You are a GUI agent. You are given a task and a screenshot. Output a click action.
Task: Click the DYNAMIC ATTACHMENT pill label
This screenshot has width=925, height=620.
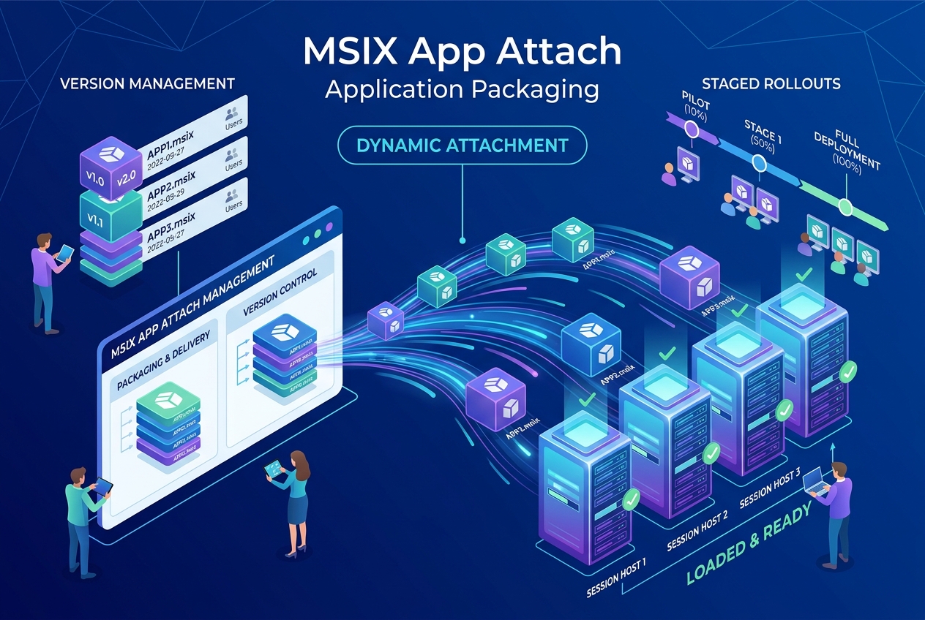coord(462,145)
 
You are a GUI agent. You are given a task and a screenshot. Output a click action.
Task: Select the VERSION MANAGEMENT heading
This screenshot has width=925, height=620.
coord(147,83)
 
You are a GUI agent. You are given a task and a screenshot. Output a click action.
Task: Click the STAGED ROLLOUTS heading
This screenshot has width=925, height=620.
coord(771,83)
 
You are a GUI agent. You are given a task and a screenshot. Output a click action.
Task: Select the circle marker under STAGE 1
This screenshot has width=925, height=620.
coord(760,165)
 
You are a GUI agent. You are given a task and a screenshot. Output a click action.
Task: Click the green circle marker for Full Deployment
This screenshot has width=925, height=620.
coord(845,207)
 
